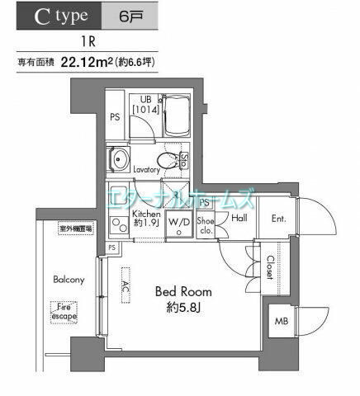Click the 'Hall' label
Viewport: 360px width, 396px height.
coord(239,217)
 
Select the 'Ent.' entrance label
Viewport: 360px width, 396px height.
coord(279,218)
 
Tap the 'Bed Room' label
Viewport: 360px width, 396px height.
coord(184,292)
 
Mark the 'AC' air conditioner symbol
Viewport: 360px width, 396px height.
coord(126,285)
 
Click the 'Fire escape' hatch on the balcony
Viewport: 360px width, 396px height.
coord(64,311)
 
